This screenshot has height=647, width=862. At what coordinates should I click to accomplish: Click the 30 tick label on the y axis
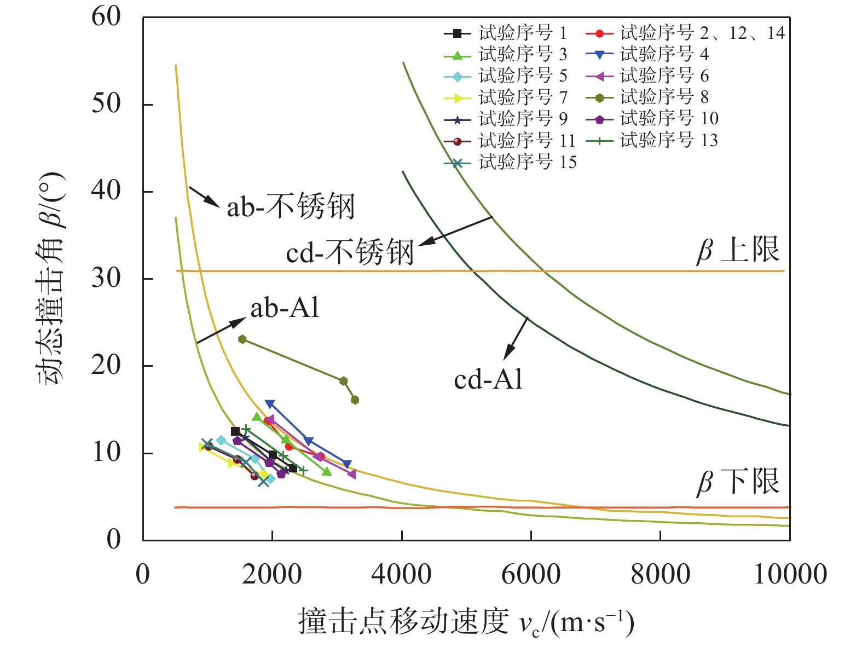(x=106, y=278)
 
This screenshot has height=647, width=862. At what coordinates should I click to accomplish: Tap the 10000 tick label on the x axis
(x=790, y=575)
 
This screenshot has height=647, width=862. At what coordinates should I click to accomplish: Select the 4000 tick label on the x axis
(x=402, y=575)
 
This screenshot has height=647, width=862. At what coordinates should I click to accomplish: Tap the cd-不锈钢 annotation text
(x=350, y=253)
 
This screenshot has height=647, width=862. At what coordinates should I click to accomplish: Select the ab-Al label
(x=285, y=309)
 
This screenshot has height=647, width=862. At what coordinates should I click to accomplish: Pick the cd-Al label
(x=488, y=379)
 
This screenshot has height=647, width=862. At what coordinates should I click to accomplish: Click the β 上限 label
(x=738, y=250)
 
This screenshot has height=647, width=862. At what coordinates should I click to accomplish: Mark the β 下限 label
(x=738, y=482)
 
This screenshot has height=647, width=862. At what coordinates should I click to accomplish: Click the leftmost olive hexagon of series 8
(x=242, y=339)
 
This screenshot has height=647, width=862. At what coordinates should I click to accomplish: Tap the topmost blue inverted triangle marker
(x=269, y=404)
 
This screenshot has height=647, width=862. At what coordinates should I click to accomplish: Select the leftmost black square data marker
(x=235, y=431)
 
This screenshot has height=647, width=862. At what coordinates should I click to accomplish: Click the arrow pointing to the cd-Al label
(x=516, y=339)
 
